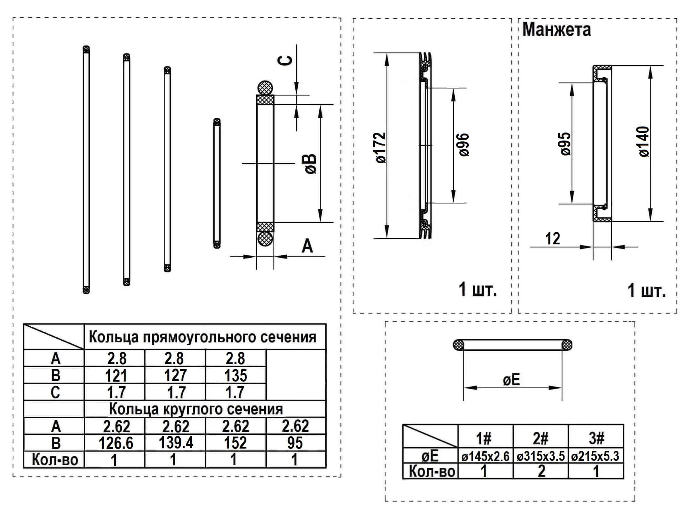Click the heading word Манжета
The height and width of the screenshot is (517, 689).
[556, 29]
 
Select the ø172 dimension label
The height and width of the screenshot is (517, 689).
[381, 147]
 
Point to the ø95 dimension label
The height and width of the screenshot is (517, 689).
[565, 144]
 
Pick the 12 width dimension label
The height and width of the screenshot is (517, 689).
[553, 239]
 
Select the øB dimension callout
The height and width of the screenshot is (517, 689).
[311, 164]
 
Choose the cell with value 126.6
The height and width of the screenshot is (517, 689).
[116, 443]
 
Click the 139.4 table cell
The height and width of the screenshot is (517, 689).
[176, 443]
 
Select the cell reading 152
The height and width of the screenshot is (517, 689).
[236, 443]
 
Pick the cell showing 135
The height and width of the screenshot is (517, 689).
[236, 375]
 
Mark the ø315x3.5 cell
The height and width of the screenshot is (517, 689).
[541, 456]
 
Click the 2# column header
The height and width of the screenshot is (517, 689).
[541, 438]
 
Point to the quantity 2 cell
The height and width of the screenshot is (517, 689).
[541, 471]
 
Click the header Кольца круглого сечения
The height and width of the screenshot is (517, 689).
[196, 409]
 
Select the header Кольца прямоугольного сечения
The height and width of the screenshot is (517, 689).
[203, 337]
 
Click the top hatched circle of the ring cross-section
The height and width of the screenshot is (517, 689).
[265, 88]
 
